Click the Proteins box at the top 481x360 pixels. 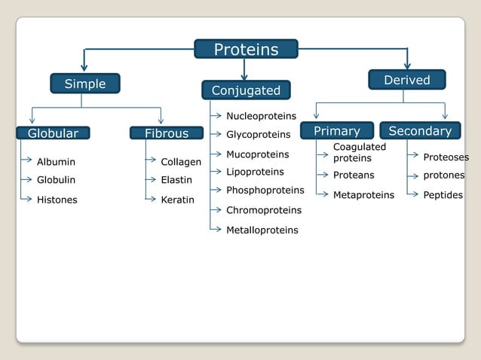pyautogui.click(x=246, y=50)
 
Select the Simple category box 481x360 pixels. pyautogui.click(x=84, y=84)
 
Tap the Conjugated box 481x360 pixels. pyautogui.click(x=245, y=90)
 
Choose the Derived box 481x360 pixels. pyautogui.click(x=406, y=80)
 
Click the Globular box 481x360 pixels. pyautogui.click(x=53, y=133)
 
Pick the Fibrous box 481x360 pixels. pyautogui.click(x=167, y=133)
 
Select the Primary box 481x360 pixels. pyautogui.click(x=336, y=131)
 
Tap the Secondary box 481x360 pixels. pyautogui.click(x=420, y=131)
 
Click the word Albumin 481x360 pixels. pyautogui.click(x=56, y=162)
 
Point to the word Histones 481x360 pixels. pyautogui.click(x=57, y=200)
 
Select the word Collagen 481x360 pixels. pyautogui.click(x=181, y=162)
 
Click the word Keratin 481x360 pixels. pyautogui.click(x=177, y=200)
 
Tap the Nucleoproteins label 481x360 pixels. pyautogui.click(x=261, y=116)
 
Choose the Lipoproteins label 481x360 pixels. pyautogui.click(x=255, y=172)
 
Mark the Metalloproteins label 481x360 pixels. pyautogui.click(x=262, y=230)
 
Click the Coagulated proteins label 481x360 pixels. pyautogui.click(x=359, y=152)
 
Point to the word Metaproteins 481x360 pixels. pyautogui.click(x=363, y=195)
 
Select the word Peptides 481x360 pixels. pyautogui.click(x=443, y=194)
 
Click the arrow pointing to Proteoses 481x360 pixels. pyautogui.click(x=413, y=156)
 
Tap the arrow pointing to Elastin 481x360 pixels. pyautogui.click(x=151, y=179)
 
